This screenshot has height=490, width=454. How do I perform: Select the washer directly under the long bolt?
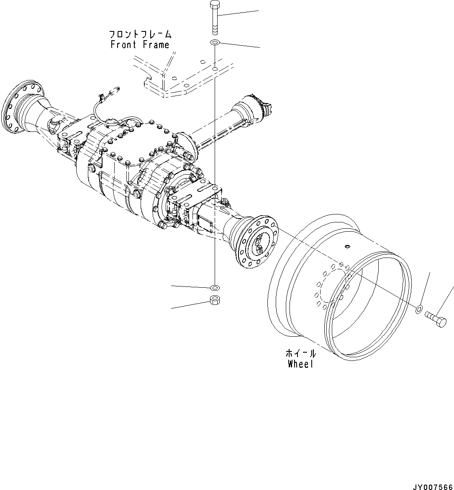coord(214,43)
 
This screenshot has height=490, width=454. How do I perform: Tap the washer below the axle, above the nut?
coord(214,288)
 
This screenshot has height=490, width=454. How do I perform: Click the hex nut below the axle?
coord(214,300)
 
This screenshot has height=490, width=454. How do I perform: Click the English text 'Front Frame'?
coord(140,45)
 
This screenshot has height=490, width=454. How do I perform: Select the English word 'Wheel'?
coord(300,364)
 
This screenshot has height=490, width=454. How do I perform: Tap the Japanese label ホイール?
coord(300,353)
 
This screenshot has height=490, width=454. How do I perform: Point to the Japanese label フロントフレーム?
coord(140,34)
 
